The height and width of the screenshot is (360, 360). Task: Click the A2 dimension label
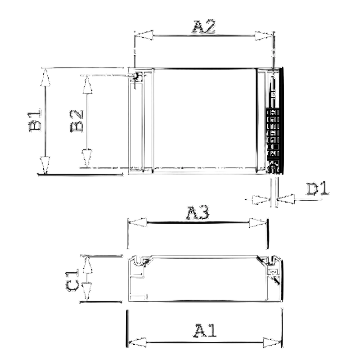204,27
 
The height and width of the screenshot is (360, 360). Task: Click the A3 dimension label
198,213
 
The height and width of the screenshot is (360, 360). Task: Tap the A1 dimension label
205,331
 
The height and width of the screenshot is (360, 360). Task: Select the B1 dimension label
35,121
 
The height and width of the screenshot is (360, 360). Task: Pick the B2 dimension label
76,121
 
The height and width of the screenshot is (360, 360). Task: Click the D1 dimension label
318,189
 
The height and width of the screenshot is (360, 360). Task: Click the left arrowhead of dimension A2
144,35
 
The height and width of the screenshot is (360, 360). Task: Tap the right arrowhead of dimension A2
264,36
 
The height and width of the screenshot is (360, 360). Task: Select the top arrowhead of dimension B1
45,77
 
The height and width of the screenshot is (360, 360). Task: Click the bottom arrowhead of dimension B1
45,165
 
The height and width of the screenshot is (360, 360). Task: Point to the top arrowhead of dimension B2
87,84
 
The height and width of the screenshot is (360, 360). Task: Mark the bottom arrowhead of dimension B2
87,158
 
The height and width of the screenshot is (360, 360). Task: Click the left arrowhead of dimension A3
137,222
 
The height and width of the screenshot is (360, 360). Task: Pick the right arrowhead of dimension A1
272,342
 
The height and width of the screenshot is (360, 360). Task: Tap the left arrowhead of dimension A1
137,342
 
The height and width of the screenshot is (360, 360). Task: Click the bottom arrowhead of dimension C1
87,292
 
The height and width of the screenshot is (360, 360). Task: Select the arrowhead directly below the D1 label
285,199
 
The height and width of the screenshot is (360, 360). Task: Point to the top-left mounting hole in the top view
135,76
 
